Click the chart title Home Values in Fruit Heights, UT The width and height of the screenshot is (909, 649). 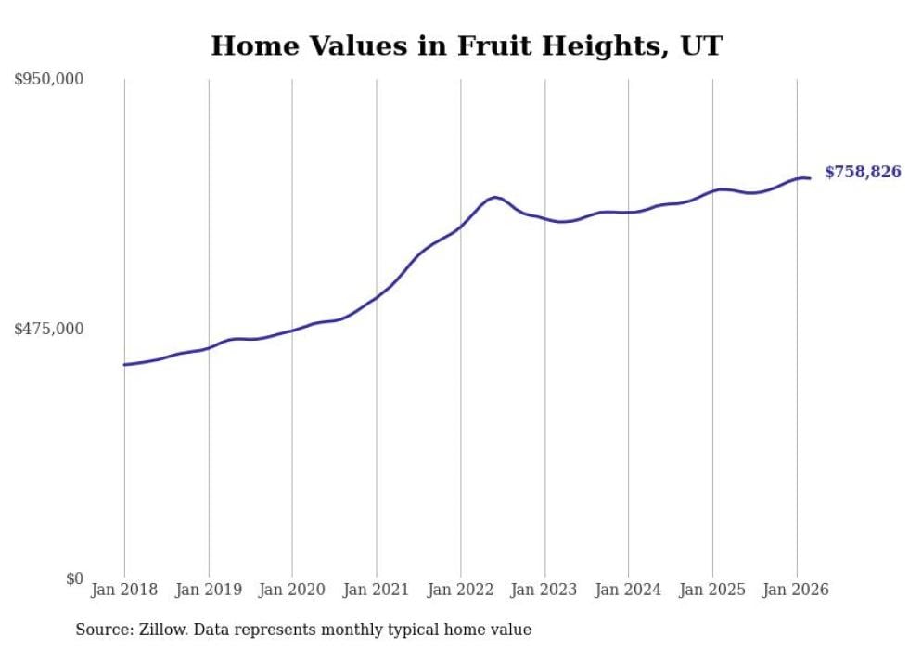click(x=466, y=45)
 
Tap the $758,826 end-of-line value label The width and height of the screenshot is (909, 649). click(x=863, y=172)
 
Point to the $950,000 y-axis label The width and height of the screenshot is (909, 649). click(x=49, y=80)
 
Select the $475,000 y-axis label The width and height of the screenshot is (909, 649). click(x=49, y=329)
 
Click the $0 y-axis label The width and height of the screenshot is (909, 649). click(x=74, y=579)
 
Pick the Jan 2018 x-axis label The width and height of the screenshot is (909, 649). click(x=124, y=590)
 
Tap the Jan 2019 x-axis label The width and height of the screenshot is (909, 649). click(x=209, y=590)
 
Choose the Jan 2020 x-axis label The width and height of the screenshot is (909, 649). click(x=292, y=590)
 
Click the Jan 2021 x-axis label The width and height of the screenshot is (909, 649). click(x=377, y=590)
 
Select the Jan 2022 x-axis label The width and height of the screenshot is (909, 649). click(x=460, y=590)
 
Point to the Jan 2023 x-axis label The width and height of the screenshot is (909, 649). click(x=544, y=590)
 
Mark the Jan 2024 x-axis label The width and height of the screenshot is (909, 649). click(x=628, y=590)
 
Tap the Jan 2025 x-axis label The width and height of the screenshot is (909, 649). click(x=712, y=590)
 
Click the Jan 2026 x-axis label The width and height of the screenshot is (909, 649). click(x=796, y=590)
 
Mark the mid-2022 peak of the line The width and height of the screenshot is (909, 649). click(x=496, y=197)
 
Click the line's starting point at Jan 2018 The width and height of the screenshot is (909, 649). click(x=124, y=365)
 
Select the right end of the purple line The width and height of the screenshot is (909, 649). click(x=810, y=178)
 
